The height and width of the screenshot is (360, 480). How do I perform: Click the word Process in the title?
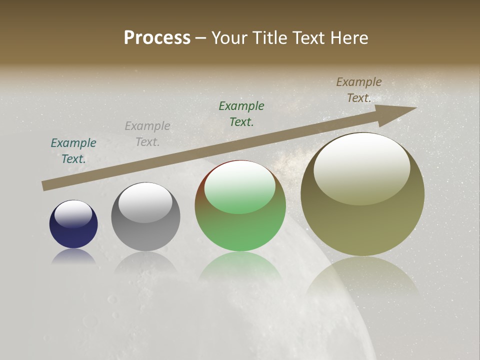pyautogui.click(x=157, y=38)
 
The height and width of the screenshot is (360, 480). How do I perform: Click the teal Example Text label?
pyautogui.click(x=73, y=150)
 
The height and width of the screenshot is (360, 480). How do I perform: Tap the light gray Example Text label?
pyautogui.click(x=147, y=134)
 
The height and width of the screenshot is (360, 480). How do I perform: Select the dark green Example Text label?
pyautogui.click(x=241, y=113)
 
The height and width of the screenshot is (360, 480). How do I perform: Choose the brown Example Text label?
pyautogui.click(x=359, y=90)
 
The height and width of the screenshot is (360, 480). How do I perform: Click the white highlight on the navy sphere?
pyautogui.click(x=73, y=213)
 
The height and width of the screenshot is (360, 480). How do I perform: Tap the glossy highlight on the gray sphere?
pyautogui.click(x=145, y=202)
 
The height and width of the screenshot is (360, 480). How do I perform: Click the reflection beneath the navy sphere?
pyautogui.click(x=73, y=256)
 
